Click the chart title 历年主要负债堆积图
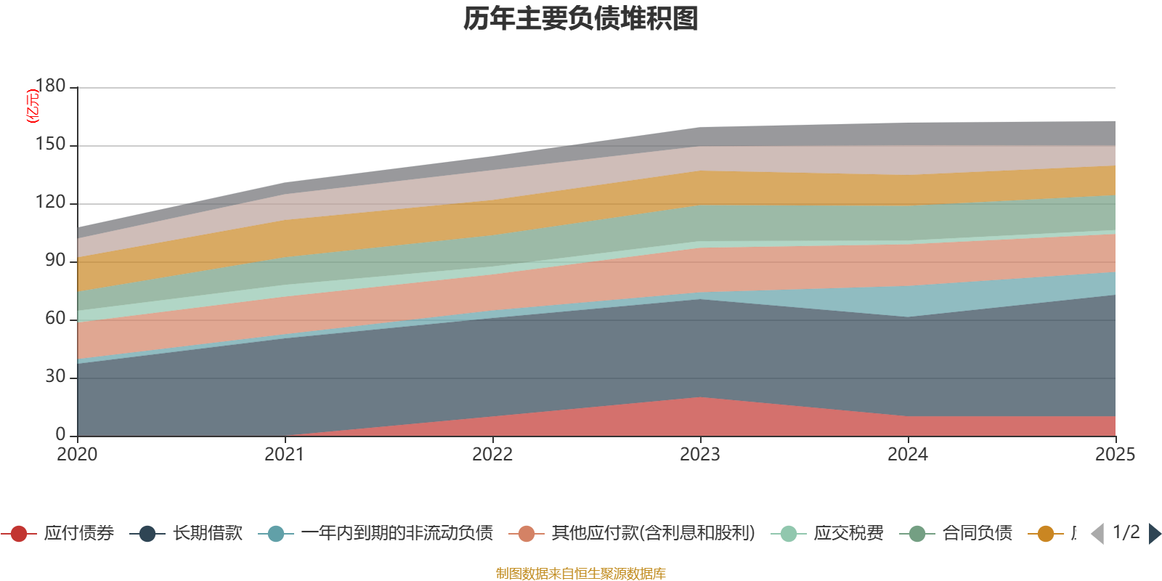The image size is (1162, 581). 580,19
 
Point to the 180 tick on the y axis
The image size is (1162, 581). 50,86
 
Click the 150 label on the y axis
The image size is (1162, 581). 50,145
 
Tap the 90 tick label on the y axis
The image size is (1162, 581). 55,261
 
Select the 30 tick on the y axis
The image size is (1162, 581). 55,377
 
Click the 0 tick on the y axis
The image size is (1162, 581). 60,435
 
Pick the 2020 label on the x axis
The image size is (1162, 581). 77,455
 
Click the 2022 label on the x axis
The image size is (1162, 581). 492,455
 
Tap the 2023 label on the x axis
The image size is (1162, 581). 700,455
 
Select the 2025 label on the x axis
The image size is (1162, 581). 1115,455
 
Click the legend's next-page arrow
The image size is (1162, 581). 1155,534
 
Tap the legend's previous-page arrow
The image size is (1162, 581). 1097,534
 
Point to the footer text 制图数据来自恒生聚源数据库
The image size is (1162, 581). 580,574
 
